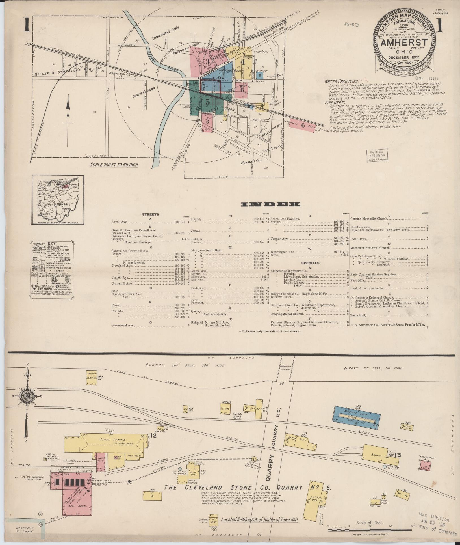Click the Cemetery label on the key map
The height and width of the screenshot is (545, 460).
260,52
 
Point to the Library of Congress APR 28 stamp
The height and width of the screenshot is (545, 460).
377,156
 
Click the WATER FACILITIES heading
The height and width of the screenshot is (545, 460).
341,81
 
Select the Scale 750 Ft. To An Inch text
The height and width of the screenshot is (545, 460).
114,165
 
